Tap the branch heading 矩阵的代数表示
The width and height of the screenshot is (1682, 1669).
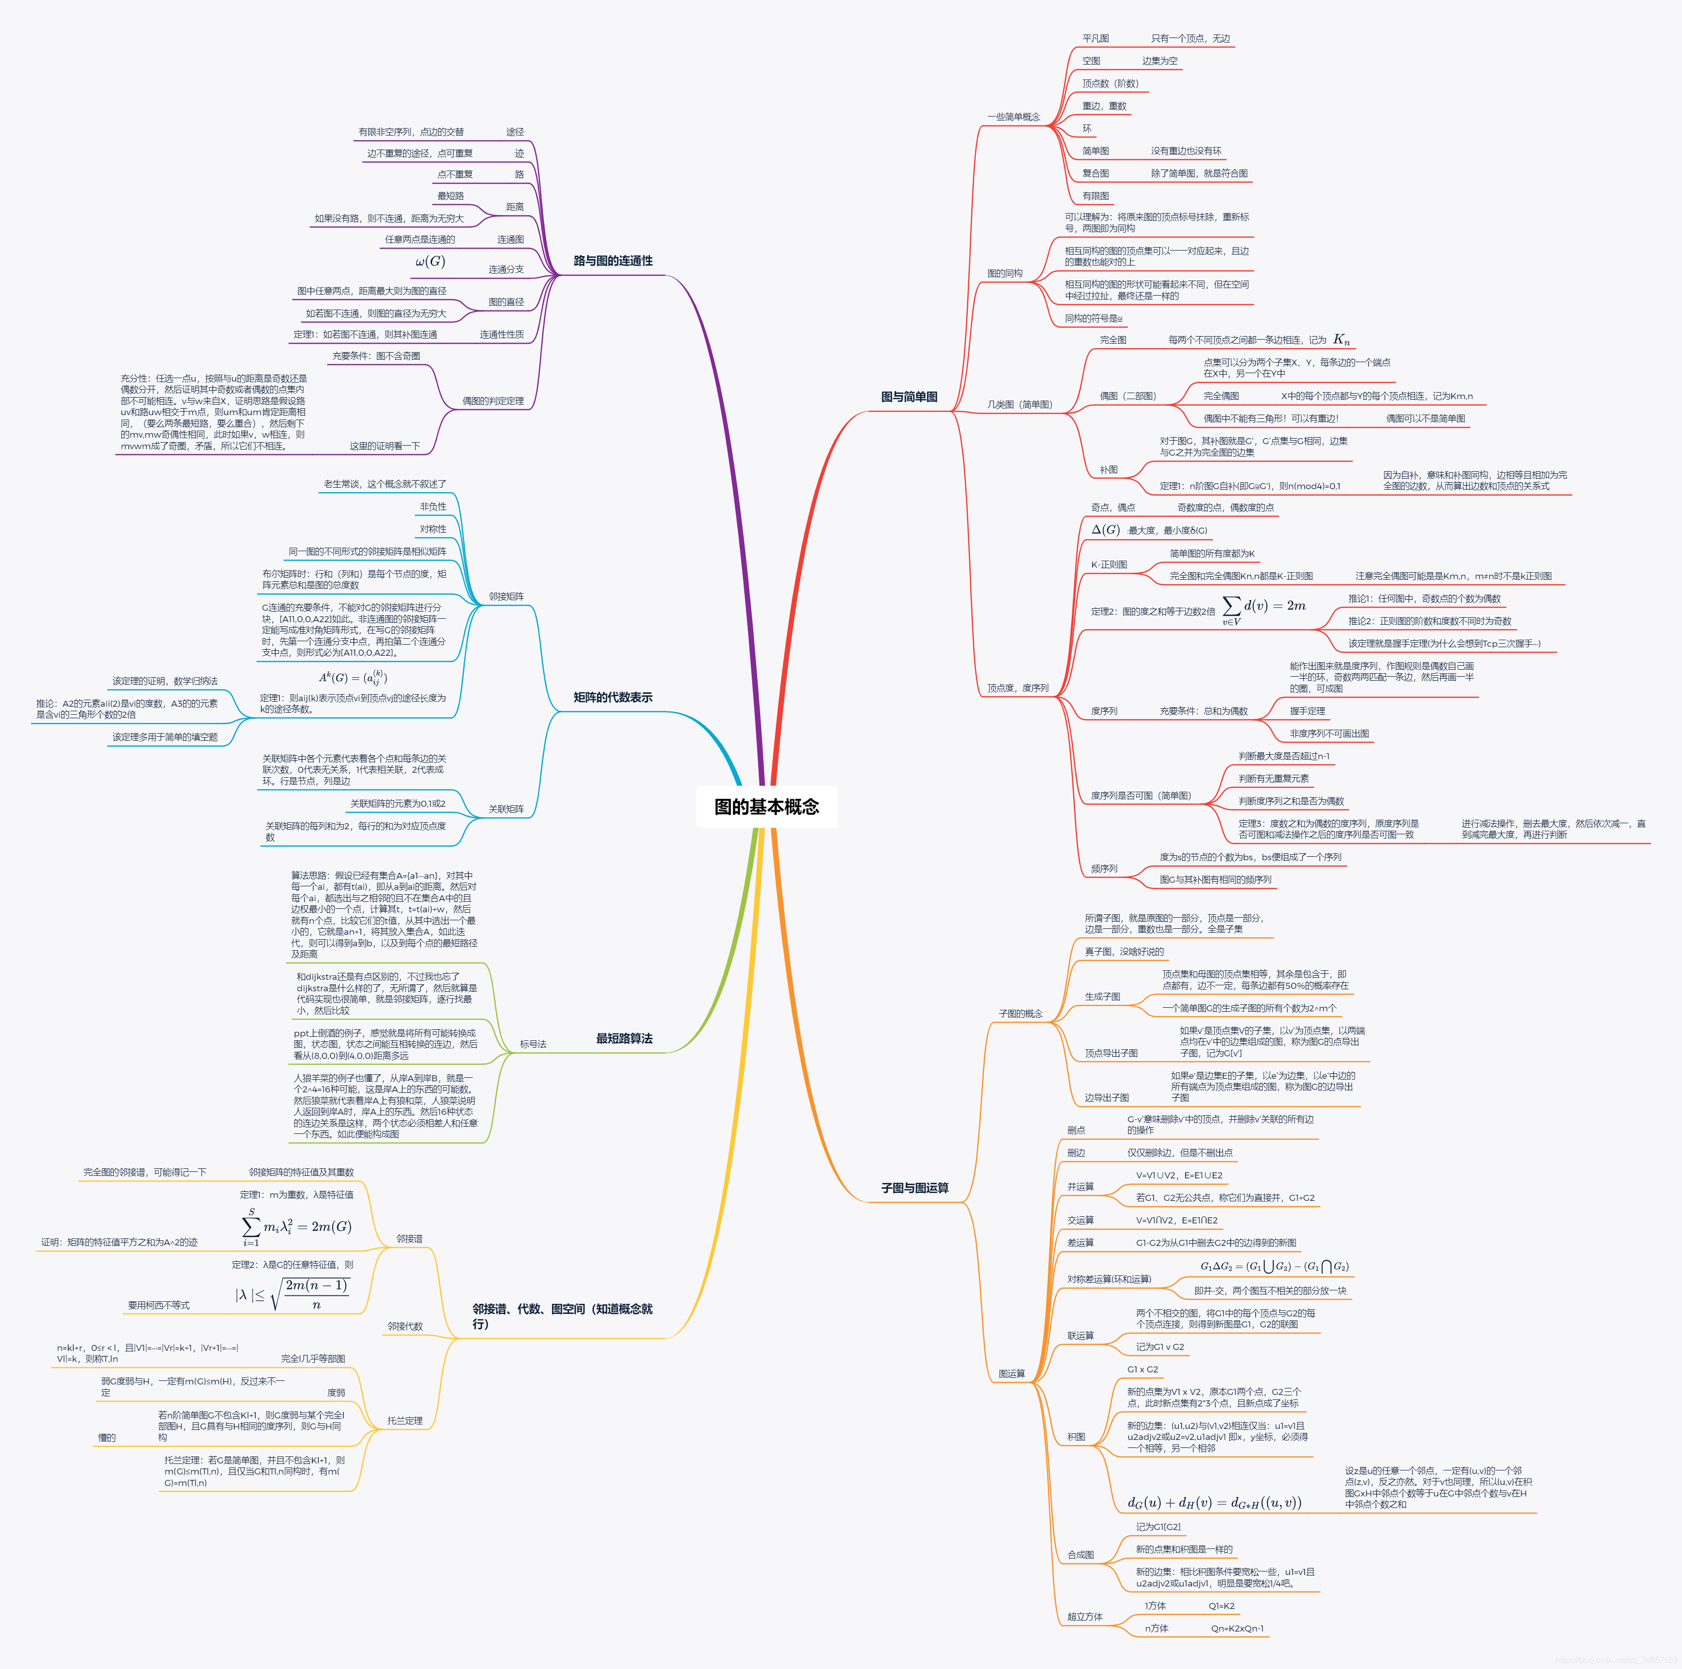tap(613, 697)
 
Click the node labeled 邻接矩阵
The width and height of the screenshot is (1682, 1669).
tap(506, 596)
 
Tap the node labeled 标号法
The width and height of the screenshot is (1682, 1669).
tap(533, 1044)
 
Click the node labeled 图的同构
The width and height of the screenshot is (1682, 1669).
tap(1005, 274)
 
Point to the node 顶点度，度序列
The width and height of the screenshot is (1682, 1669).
tap(1018, 688)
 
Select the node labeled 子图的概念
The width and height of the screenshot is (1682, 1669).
tap(1020, 1013)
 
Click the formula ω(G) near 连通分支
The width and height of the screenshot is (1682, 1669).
tap(430, 261)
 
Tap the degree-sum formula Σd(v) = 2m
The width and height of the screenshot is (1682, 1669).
tap(1264, 608)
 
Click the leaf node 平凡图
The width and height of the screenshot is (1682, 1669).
tap(1095, 39)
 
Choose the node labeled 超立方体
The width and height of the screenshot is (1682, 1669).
tap(1085, 1617)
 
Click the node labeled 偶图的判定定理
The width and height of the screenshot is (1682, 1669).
tap(493, 401)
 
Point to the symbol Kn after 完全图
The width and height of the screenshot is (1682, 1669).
tap(1341, 340)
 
